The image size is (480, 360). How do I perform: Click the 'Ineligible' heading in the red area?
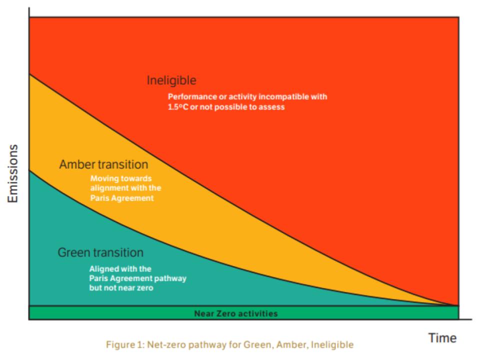[x=171, y=80]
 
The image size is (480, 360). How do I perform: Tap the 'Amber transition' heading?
[x=104, y=164]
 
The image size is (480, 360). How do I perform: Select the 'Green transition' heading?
[x=100, y=252]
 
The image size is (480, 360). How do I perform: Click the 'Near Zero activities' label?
[x=236, y=313]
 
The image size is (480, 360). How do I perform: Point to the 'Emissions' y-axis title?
[x=13, y=173]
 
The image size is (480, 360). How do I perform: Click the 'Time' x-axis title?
[x=442, y=338]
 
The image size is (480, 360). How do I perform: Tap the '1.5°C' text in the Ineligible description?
[x=178, y=107]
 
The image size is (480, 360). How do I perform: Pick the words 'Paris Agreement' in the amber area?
[x=122, y=198]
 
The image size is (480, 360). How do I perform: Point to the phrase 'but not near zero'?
[x=121, y=288]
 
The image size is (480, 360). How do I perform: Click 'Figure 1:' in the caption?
[x=125, y=344]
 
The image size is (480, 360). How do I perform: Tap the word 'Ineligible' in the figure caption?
[x=332, y=344]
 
